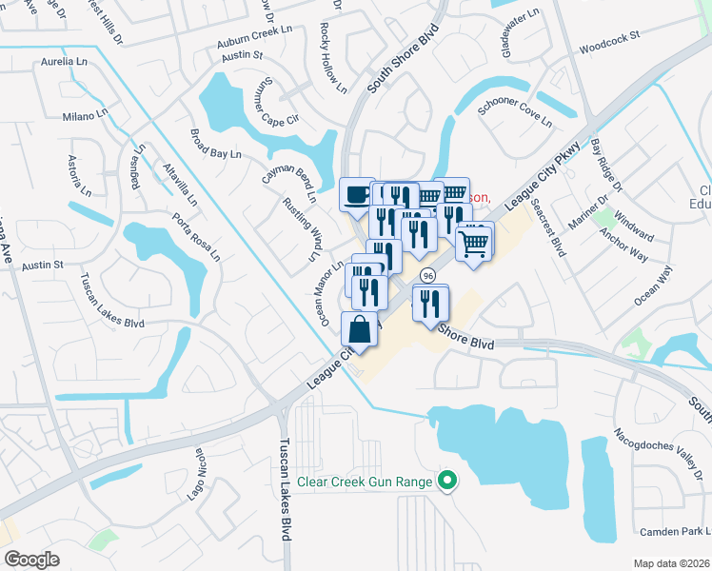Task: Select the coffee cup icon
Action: click(x=356, y=195)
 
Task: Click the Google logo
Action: click(x=31, y=560)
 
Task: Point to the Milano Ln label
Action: click(x=86, y=116)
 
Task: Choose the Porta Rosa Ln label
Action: click(x=195, y=242)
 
